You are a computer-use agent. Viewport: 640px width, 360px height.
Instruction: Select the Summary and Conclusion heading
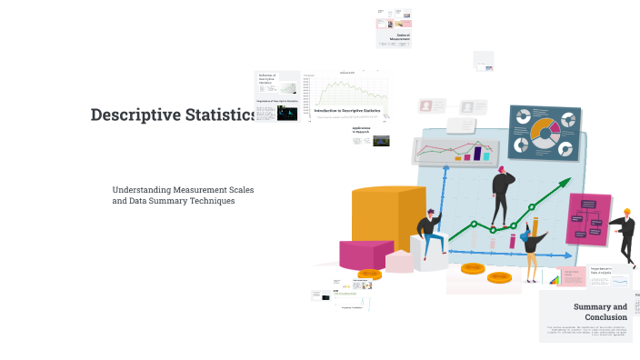[600, 312]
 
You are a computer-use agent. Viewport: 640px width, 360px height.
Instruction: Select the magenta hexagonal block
[365, 254]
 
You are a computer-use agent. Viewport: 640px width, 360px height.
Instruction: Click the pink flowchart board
[588, 218]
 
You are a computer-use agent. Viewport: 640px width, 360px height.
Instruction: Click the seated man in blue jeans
[430, 233]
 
